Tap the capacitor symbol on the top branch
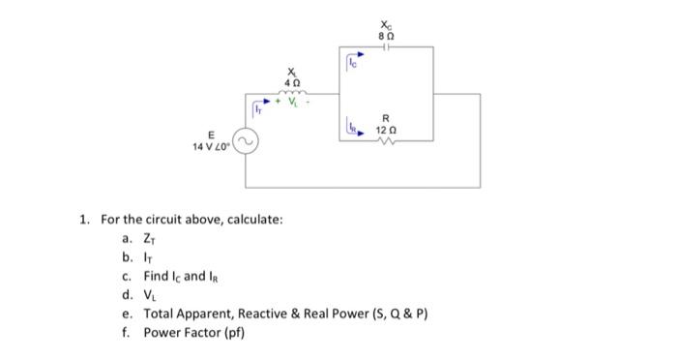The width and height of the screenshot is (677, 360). click(x=387, y=45)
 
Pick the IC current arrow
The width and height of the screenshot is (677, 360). click(x=352, y=64)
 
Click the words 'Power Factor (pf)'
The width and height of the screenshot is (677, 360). click(x=194, y=333)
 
